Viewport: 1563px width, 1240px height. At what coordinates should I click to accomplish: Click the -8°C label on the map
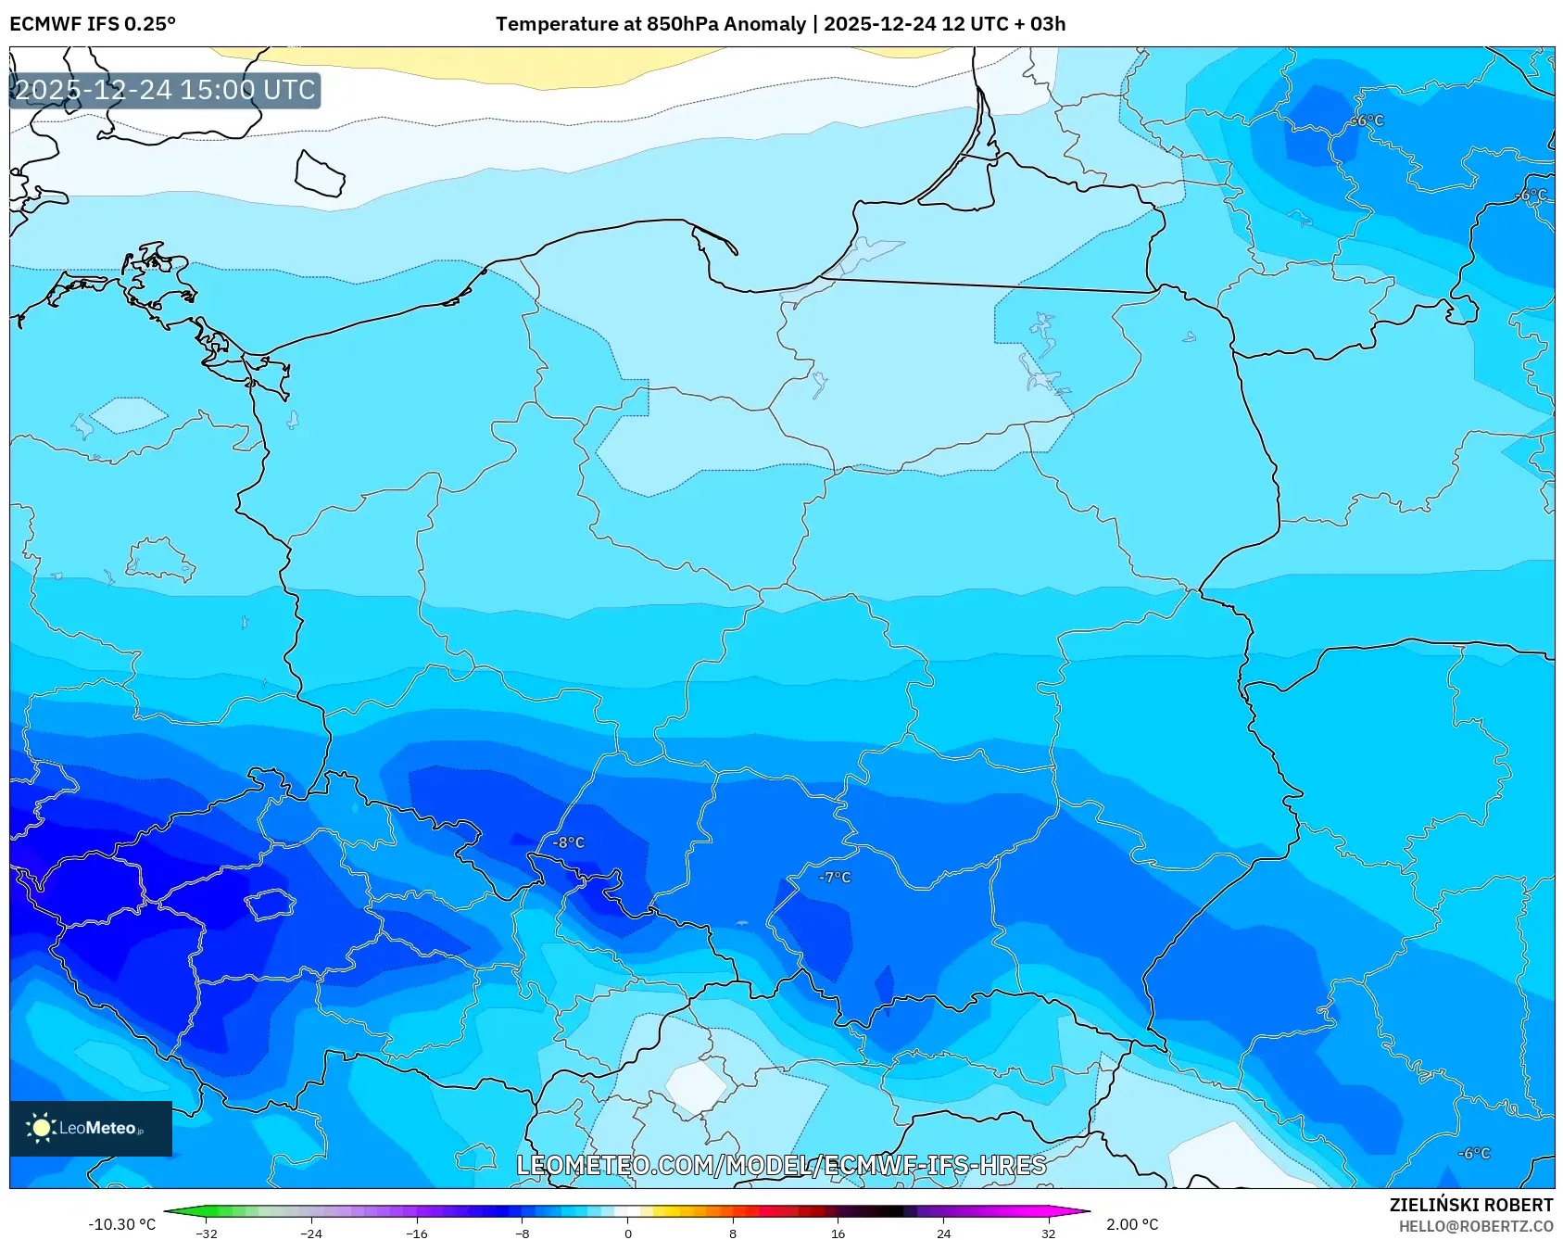click(569, 842)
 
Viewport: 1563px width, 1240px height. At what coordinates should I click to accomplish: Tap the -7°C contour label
click(835, 877)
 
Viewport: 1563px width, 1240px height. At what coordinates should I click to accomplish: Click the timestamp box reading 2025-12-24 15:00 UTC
click(165, 90)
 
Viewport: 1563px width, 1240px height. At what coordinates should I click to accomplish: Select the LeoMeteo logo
click(91, 1128)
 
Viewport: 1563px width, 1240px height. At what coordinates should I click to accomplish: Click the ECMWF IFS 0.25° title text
click(93, 24)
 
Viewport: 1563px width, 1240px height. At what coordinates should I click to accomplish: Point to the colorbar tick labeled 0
click(627, 1233)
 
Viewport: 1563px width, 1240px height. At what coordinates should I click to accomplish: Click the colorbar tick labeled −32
click(207, 1233)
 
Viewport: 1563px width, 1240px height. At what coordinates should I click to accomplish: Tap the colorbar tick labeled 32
click(1048, 1233)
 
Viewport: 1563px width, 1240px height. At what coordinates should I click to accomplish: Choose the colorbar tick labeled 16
click(838, 1233)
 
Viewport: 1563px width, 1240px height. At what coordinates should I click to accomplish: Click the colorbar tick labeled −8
click(523, 1233)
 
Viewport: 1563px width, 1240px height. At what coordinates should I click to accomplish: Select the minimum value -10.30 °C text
click(121, 1224)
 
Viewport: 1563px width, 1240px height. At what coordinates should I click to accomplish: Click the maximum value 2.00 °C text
click(1132, 1224)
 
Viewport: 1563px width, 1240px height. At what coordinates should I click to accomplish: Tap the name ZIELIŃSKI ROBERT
click(1470, 1205)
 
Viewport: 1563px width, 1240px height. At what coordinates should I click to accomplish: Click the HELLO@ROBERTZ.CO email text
click(1475, 1226)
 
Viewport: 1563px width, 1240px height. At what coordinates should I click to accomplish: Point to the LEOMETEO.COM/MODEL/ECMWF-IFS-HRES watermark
click(781, 1165)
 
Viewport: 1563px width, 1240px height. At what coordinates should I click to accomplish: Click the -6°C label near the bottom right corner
click(1474, 1153)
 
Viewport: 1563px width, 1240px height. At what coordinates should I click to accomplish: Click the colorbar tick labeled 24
click(943, 1233)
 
